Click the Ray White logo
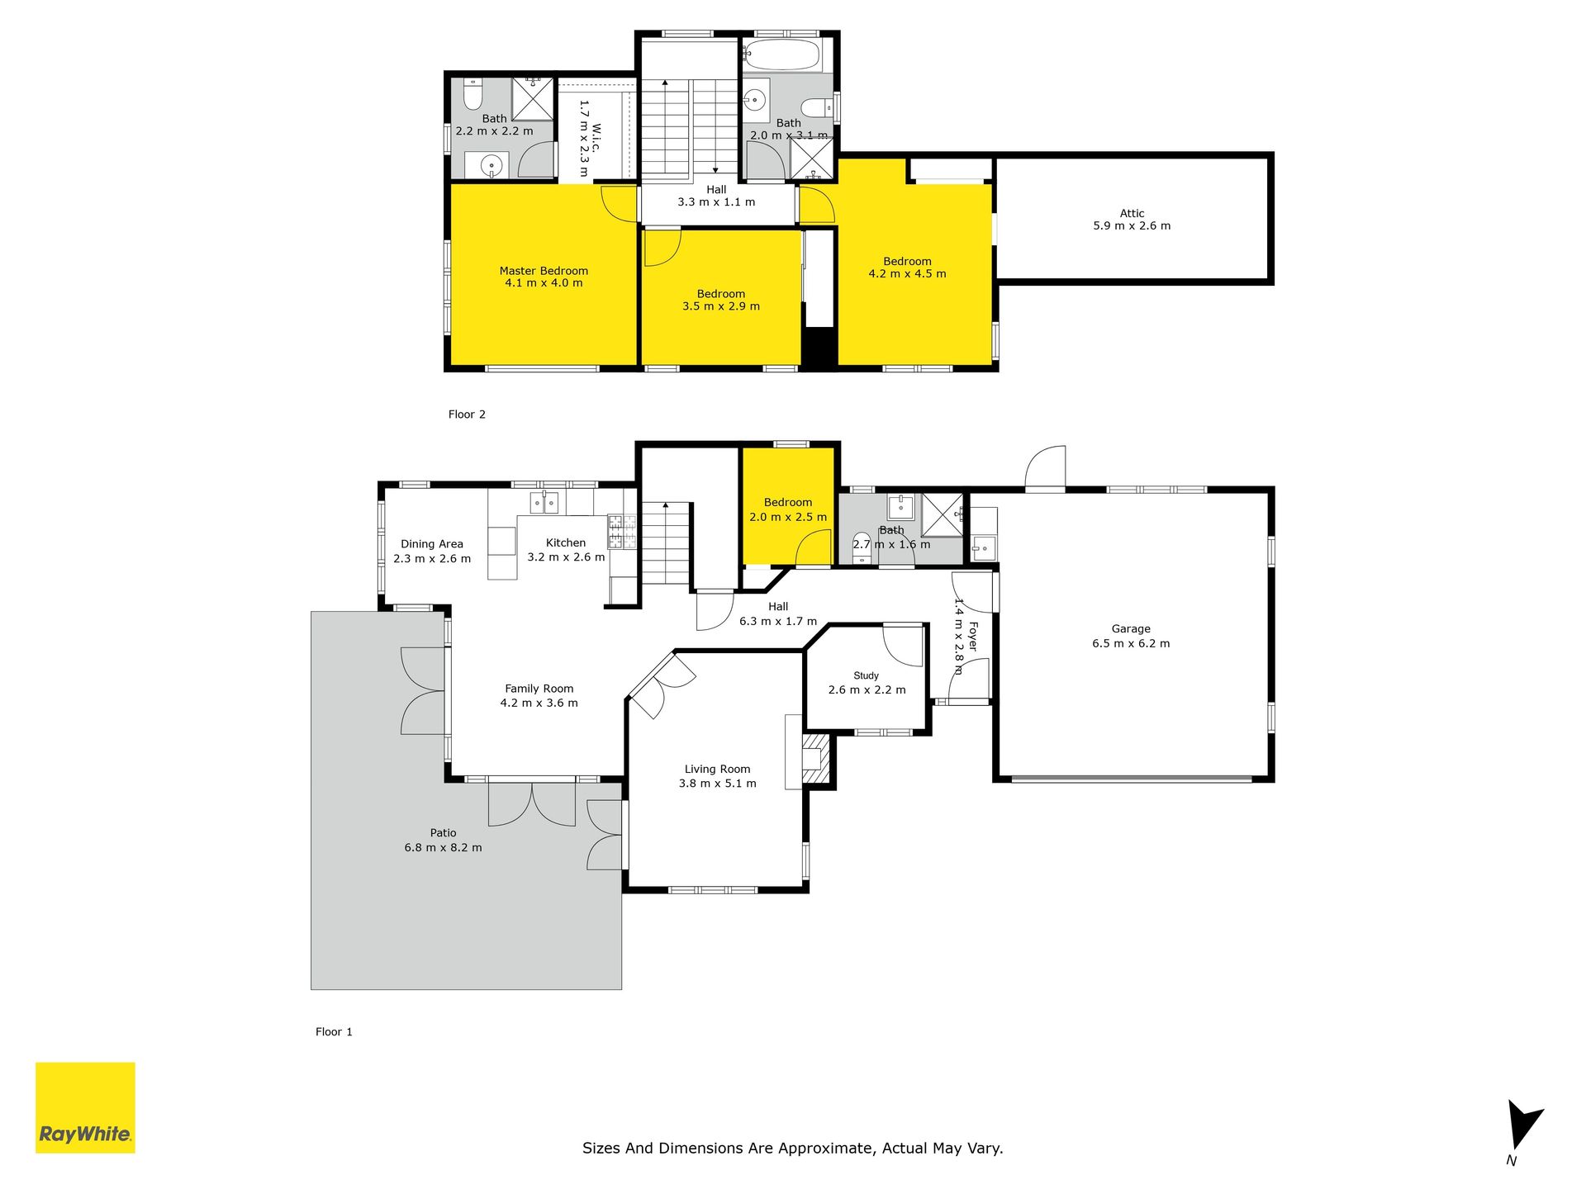point(85,1107)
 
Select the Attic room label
point(1132,213)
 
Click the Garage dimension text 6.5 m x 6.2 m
point(1131,643)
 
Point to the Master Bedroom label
point(544,271)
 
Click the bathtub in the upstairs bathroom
point(781,54)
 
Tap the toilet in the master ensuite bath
point(472,95)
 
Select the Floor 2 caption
point(467,414)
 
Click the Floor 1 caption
point(334,1032)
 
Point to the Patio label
point(443,833)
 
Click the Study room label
point(866,675)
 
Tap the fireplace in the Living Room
point(815,758)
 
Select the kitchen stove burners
point(622,532)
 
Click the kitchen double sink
point(544,502)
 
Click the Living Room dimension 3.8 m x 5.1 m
point(717,784)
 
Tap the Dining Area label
point(432,544)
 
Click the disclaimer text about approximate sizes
point(793,1148)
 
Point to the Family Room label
point(539,689)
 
